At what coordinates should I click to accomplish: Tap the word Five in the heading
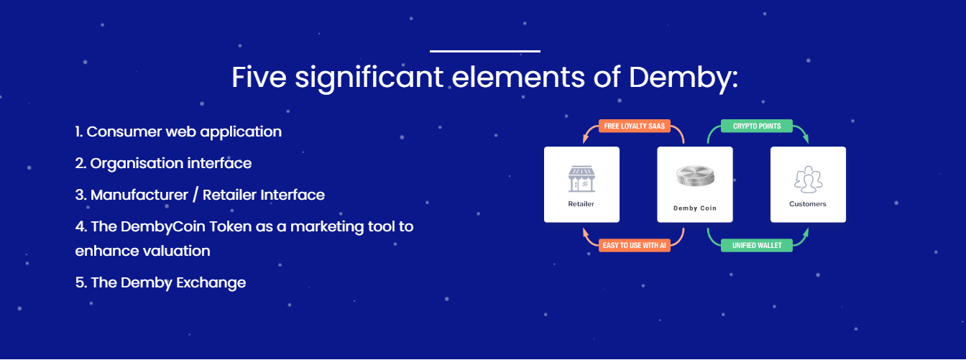pyautogui.click(x=259, y=77)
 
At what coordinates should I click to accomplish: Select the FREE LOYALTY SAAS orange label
pyautogui.click(x=635, y=126)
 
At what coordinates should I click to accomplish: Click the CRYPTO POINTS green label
pyautogui.click(x=757, y=126)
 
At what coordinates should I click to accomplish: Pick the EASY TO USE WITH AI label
pyautogui.click(x=635, y=245)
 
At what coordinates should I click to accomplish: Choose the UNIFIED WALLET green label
pyautogui.click(x=757, y=245)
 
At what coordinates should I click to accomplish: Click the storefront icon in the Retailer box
pyautogui.click(x=581, y=179)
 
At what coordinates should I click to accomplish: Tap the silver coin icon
pyautogui.click(x=695, y=176)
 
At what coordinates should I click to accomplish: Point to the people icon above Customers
pyautogui.click(x=808, y=180)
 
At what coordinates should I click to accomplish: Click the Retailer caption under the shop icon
pyautogui.click(x=581, y=204)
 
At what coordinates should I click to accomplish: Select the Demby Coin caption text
pyautogui.click(x=695, y=208)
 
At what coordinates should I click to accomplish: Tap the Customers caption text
pyautogui.click(x=808, y=204)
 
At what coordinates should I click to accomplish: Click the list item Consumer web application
pyautogui.click(x=178, y=132)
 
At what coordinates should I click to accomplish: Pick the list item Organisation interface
pyautogui.click(x=163, y=163)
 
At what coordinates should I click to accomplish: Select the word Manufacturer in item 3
pyautogui.click(x=139, y=195)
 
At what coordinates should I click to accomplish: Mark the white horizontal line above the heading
pyautogui.click(x=485, y=51)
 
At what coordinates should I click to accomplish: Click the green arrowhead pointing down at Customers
pyautogui.click(x=805, y=139)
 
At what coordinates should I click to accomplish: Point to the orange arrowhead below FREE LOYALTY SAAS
pyautogui.click(x=585, y=139)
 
